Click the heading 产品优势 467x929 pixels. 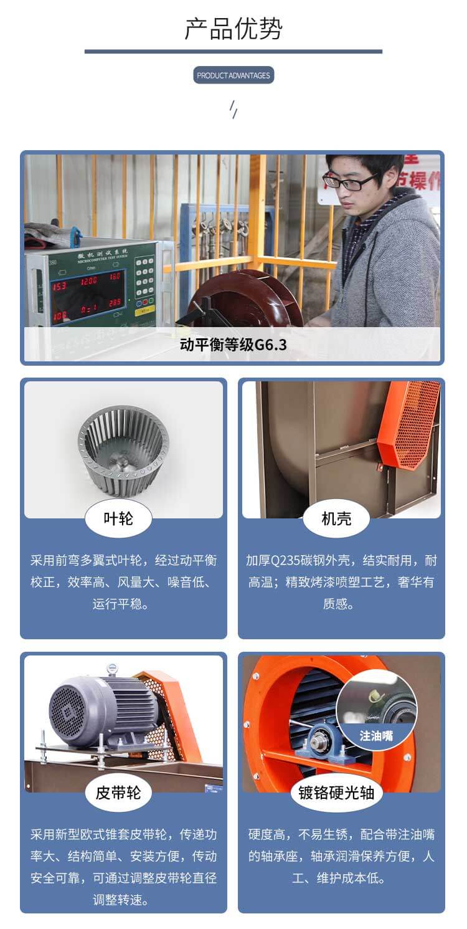233,29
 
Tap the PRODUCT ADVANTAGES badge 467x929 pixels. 233,75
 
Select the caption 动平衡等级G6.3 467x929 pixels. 233,344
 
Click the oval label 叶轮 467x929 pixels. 118,518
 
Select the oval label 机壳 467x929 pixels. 336,518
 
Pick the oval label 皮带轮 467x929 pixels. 118,792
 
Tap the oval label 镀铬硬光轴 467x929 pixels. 336,792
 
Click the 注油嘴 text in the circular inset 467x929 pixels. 376,736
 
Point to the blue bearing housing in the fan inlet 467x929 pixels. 321,741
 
